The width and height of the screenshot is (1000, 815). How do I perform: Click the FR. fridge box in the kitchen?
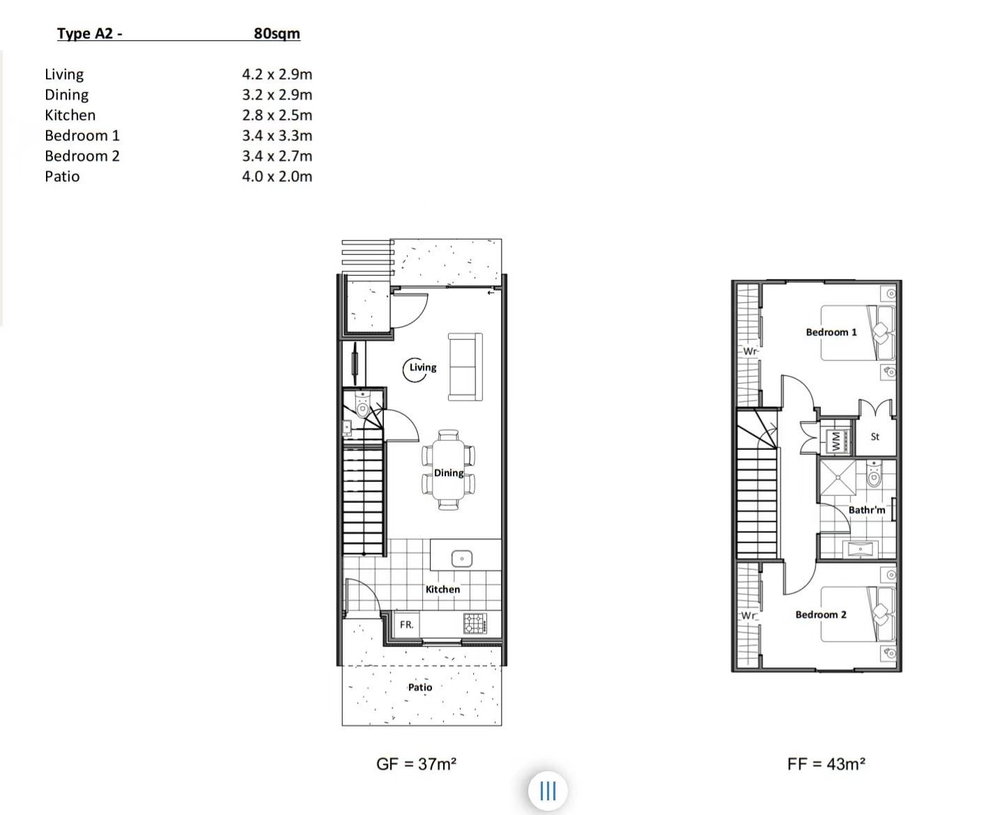tap(406, 624)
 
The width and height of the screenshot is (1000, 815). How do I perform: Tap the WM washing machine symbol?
tap(836, 442)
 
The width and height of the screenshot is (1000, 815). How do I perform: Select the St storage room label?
tap(875, 437)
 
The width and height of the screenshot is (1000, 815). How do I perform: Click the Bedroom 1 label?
tap(831, 332)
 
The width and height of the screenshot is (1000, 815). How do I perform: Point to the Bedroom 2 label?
tap(821, 614)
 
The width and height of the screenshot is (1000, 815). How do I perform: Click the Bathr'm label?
tap(866, 510)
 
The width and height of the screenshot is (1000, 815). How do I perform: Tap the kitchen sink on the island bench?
tap(461, 559)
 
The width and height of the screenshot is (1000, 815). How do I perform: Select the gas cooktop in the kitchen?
tap(475, 623)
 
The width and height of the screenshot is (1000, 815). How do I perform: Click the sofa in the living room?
tap(465, 367)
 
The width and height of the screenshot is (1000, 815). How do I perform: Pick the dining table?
tap(449, 470)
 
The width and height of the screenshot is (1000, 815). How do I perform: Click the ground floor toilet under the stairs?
tap(363, 405)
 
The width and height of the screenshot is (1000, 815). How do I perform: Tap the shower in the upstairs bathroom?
tap(838, 477)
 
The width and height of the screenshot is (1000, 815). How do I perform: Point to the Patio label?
tap(420, 687)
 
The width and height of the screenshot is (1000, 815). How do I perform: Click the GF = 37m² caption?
tap(416, 763)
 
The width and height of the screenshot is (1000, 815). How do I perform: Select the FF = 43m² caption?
tap(826, 763)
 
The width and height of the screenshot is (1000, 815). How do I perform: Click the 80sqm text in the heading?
tap(277, 33)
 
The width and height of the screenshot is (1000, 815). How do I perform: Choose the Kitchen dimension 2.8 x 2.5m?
tap(277, 115)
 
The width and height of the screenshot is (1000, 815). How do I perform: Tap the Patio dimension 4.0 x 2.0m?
tap(277, 176)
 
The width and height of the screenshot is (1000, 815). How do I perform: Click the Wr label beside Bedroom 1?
tap(750, 351)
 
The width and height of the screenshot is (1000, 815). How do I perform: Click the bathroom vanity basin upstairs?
tap(860, 550)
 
